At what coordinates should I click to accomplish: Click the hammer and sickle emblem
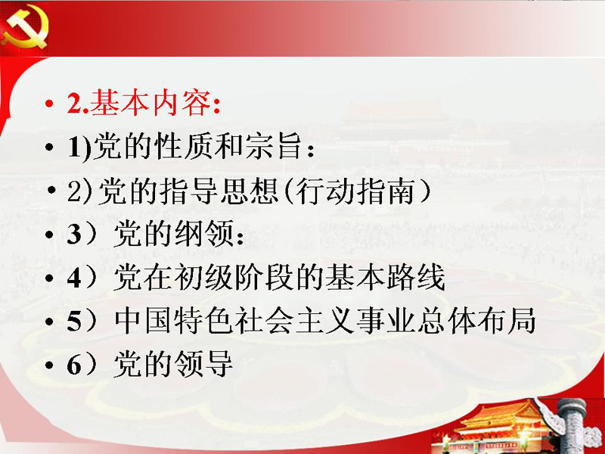[25, 28]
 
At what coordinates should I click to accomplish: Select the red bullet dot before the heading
[48, 104]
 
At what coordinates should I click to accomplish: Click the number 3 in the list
[74, 235]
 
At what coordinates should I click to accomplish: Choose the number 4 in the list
[74, 278]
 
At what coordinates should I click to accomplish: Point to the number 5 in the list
[74, 321]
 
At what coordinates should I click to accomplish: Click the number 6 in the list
[74, 365]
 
